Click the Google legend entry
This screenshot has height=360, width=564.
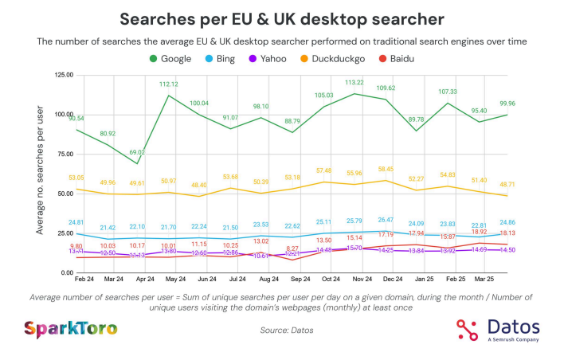coord(170,58)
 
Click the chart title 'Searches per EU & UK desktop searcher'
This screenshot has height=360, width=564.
coord(282,18)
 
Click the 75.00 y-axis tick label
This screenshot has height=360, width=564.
coord(63,155)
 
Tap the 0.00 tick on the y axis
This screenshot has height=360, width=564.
coord(65,273)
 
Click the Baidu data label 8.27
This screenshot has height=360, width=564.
coord(293,248)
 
